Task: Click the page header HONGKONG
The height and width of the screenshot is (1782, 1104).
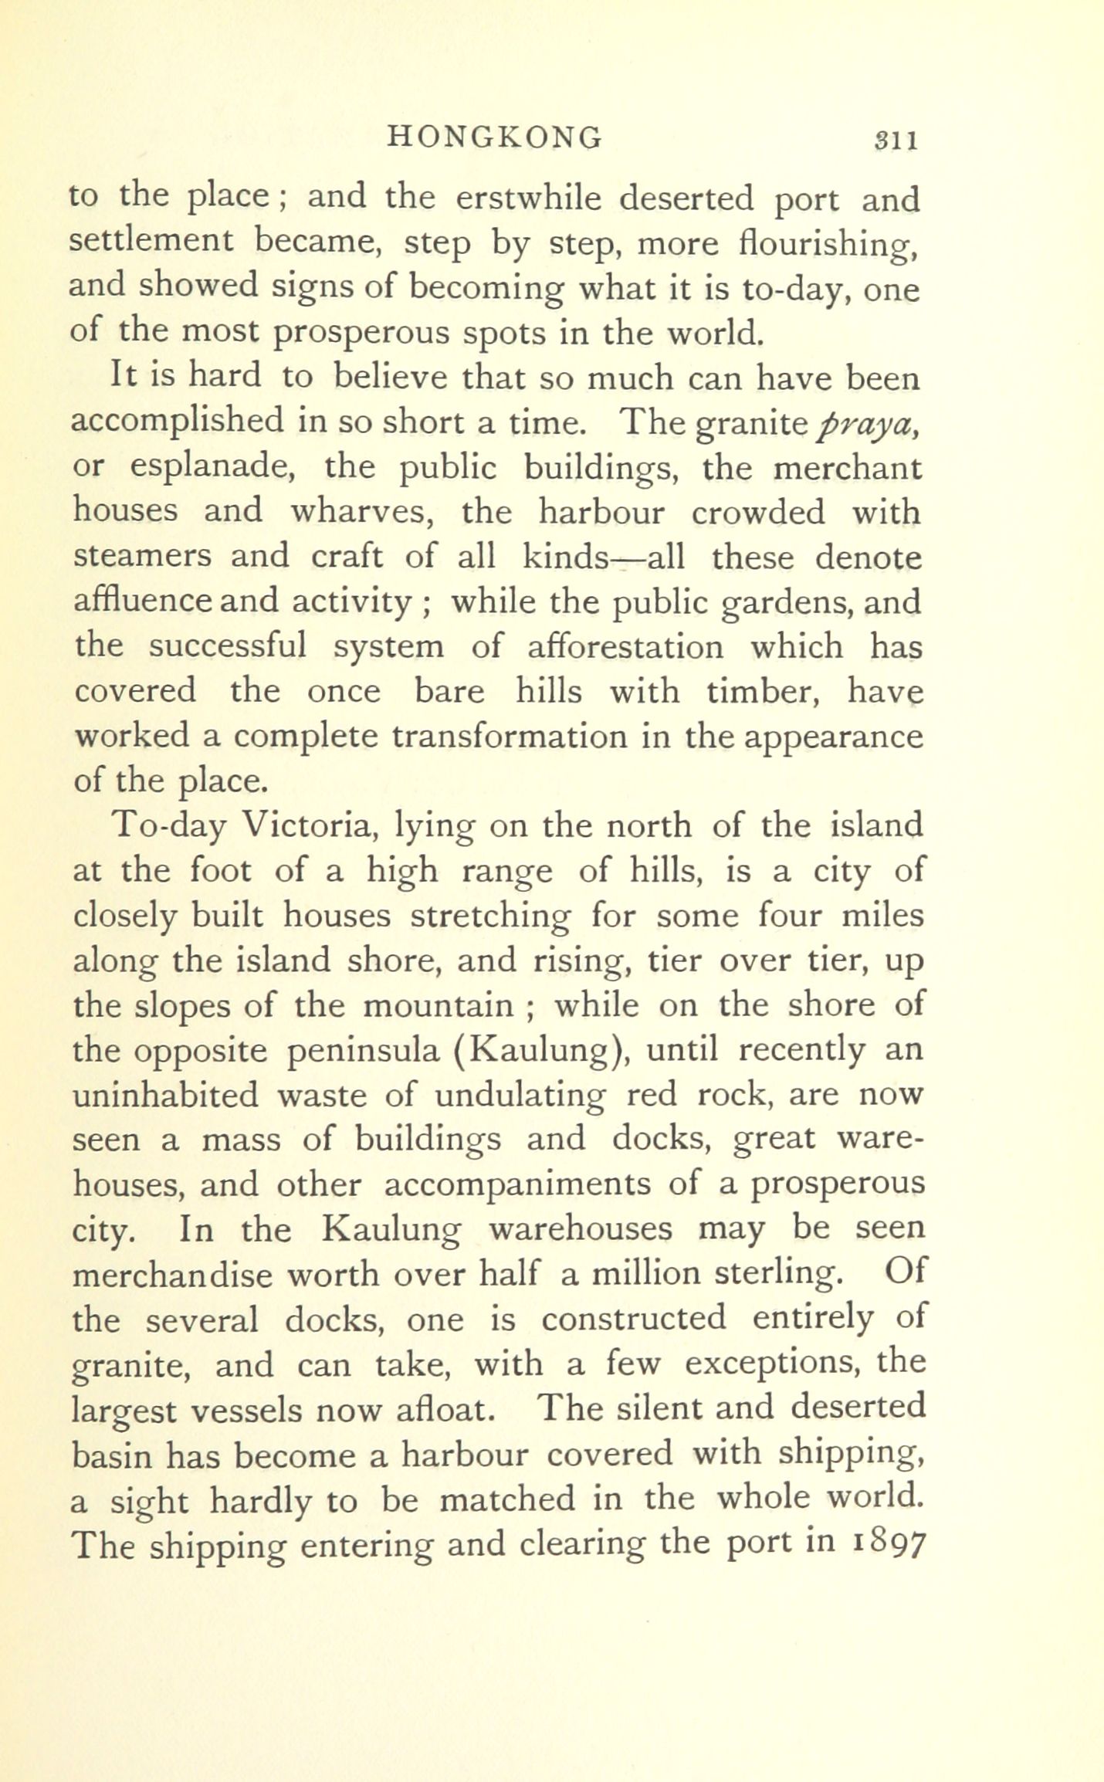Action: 494,137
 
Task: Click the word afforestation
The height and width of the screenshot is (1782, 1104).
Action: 625,646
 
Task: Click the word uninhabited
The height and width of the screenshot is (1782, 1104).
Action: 166,1095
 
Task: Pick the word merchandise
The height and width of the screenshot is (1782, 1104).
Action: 172,1275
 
